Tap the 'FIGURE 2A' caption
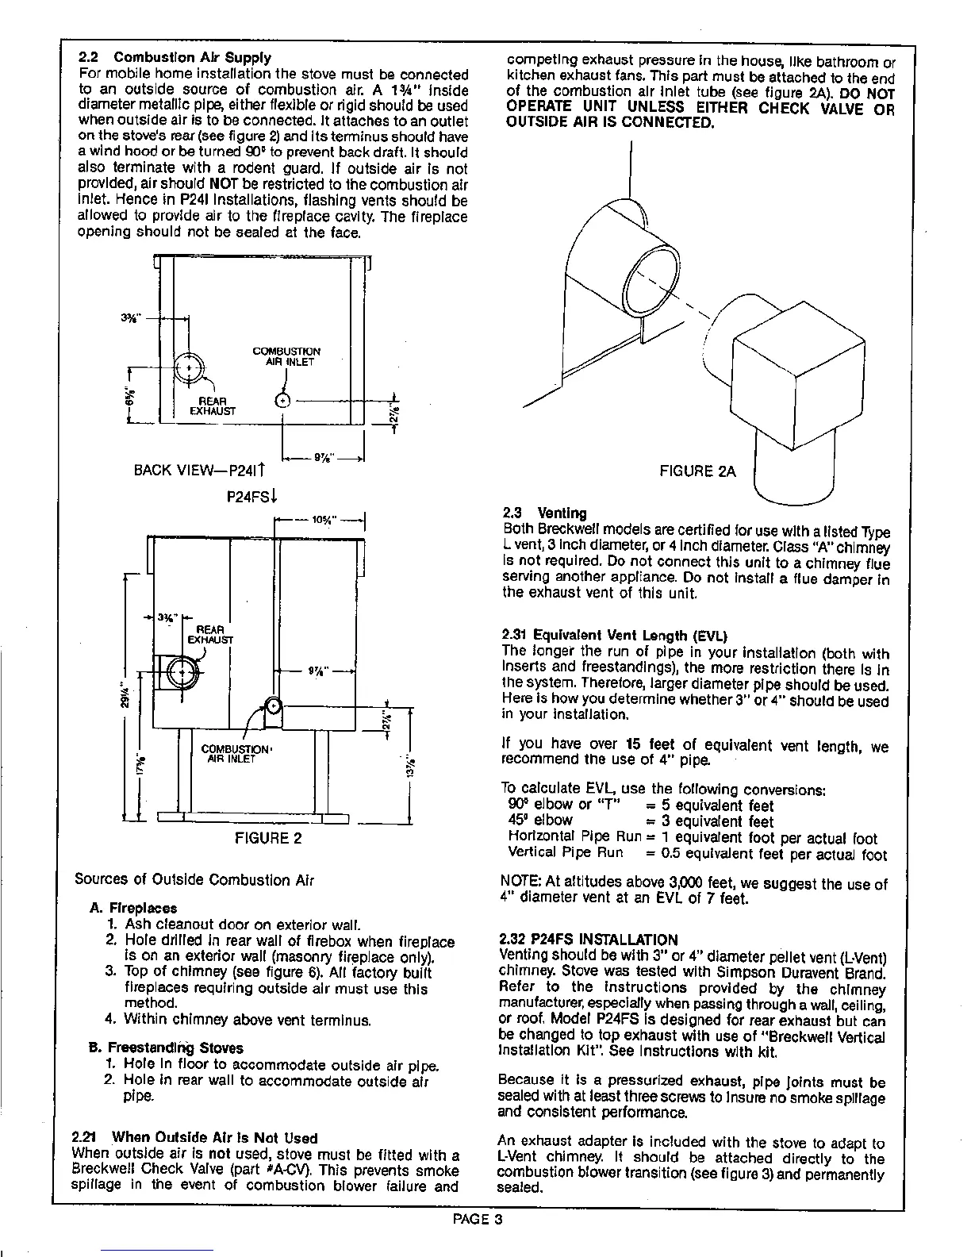(698, 471)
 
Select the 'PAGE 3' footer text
(478, 1220)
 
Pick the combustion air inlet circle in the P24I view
(284, 400)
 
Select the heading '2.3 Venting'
(545, 513)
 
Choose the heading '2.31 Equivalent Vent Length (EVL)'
(614, 636)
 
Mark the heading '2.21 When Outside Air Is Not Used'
(194, 1138)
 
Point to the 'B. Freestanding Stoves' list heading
(167, 1047)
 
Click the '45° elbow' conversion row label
(540, 821)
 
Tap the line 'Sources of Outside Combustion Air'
(194, 879)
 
